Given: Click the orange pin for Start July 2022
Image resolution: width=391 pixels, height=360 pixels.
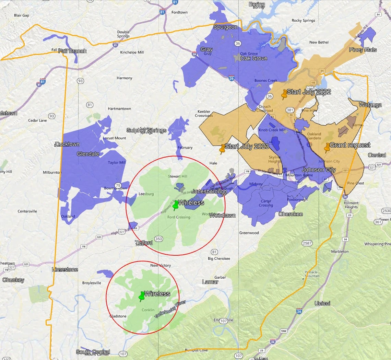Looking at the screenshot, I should coord(284,94).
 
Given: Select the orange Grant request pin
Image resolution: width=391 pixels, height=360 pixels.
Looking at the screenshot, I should coord(327,147).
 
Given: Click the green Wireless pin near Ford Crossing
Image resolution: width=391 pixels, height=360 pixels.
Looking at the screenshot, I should coord(176,205).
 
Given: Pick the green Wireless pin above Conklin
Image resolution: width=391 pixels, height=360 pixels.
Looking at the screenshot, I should coord(141,296).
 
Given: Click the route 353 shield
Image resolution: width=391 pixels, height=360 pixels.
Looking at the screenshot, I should coord(158,239).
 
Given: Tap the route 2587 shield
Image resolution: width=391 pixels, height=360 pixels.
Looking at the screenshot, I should coord(307,243).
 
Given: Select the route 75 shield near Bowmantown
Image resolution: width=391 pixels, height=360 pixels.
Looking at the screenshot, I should coord(118,185).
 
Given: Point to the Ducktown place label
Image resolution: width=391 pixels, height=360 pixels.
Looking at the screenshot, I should coord(67,144).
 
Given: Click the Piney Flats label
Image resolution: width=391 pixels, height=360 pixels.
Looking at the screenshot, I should coord(363,50).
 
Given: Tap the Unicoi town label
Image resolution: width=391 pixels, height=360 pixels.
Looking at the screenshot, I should coord(322,303).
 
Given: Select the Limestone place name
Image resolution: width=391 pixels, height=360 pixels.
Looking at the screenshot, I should coord(65,269).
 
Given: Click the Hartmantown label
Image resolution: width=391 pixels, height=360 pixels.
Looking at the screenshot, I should coord(119,109).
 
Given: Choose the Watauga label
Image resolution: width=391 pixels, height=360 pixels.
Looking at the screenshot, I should coord(370,105).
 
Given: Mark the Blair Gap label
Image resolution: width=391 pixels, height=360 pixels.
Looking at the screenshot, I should coord(21,15).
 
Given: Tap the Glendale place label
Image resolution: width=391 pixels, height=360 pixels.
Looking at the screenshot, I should coord(88,154).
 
